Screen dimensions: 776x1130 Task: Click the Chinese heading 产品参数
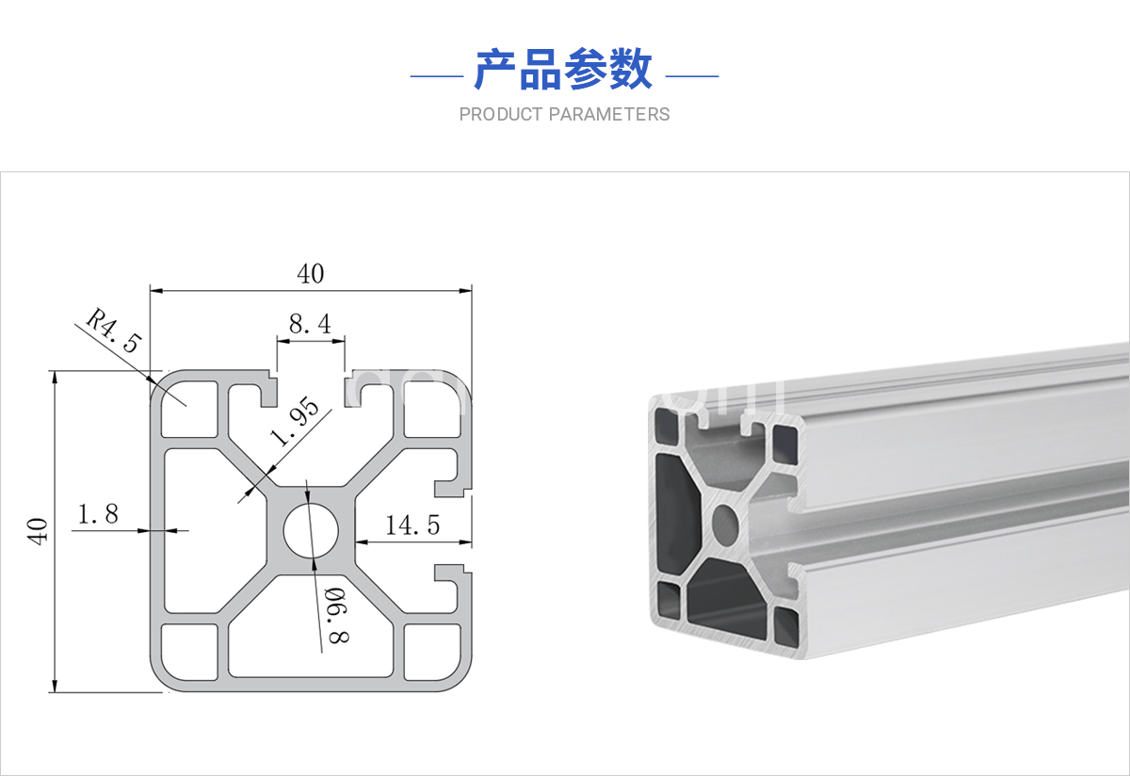pos(563,70)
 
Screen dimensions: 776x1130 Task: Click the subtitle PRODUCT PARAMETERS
pos(564,115)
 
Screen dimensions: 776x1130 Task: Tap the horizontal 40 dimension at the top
pos(311,274)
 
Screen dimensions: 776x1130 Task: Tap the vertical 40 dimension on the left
pos(38,530)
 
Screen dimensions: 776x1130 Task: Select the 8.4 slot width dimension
pos(310,325)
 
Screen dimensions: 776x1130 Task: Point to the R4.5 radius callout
pos(111,331)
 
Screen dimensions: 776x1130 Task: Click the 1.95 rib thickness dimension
pos(294,424)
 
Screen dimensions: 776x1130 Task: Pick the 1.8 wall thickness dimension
pos(98,514)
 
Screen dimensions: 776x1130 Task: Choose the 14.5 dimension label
pos(412,525)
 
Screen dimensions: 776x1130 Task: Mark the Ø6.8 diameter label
pos(335,615)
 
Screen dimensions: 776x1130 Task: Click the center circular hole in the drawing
pos(311,531)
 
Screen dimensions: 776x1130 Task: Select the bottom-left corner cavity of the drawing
pos(188,650)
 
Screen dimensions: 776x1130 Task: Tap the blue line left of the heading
pos(437,74)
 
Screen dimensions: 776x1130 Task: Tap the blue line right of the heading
pos(692,74)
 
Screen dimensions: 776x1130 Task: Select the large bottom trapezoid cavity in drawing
pos(311,631)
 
